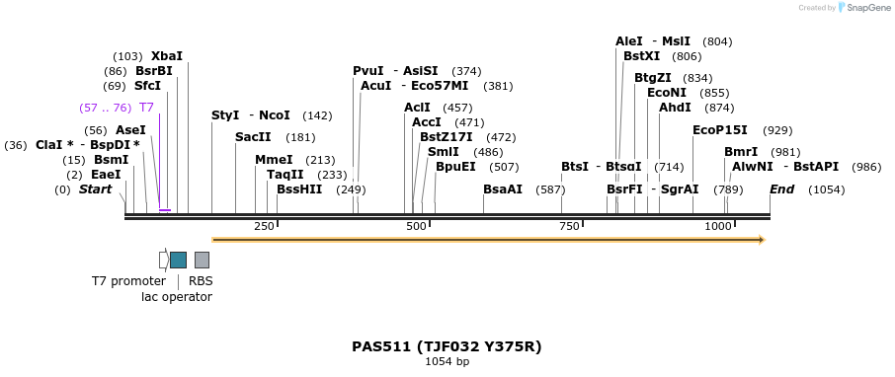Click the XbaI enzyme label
[166, 56]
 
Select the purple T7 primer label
[146, 108]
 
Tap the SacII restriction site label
[253, 137]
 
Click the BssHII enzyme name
[299, 189]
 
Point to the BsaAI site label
[503, 189]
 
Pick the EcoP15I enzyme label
[720, 130]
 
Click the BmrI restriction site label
[741, 152]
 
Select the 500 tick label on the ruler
[417, 227]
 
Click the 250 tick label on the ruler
[264, 227]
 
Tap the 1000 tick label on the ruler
[718, 227]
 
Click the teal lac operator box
[178, 260]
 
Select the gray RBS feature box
[202, 260]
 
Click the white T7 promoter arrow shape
[164, 260]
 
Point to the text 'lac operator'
[177, 297]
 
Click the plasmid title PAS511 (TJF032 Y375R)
[447, 346]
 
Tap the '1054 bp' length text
[447, 362]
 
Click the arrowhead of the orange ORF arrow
[762, 240]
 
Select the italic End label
[781, 189]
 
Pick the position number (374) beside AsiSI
[466, 71]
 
